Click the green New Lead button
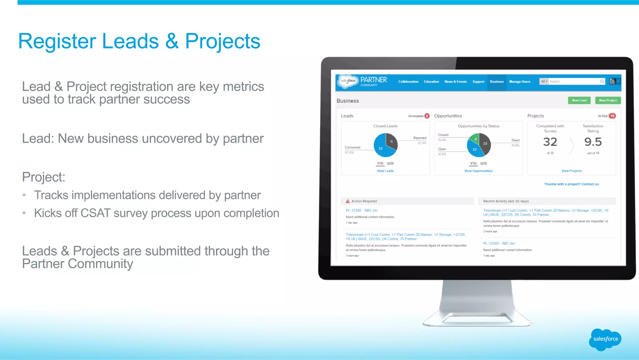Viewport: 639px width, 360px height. pos(579,100)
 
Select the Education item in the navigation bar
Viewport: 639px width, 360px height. pos(431,81)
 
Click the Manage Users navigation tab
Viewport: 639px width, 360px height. pos(519,81)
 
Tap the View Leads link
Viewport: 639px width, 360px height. pos(385,171)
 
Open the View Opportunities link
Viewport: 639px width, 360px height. pos(478,171)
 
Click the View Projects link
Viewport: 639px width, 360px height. pos(571,171)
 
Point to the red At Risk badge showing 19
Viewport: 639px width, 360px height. pos(612,116)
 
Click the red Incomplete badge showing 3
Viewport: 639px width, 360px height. pos(427,116)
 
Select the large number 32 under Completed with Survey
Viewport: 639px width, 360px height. pos(550,142)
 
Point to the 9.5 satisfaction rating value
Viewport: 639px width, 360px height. pos(593,142)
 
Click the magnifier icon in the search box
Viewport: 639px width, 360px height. pos(602,81)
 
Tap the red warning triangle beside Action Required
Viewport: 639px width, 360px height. pos(348,201)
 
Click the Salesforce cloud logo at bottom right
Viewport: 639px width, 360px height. pos(605,339)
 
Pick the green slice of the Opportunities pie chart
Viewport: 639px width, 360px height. pos(475,138)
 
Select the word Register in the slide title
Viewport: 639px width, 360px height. pos(57,42)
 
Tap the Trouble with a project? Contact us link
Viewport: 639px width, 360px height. pos(572,184)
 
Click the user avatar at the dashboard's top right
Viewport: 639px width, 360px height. pos(613,81)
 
